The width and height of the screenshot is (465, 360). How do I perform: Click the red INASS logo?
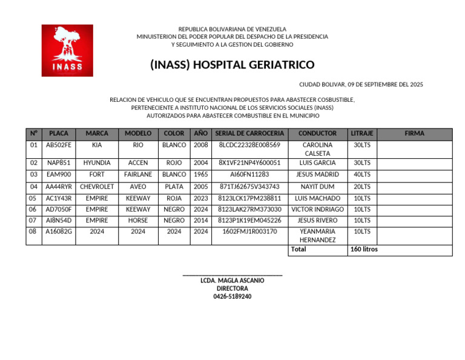pyautogui.click(x=67, y=50)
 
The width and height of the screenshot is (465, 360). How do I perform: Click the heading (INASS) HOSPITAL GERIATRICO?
pyautogui.click(x=232, y=65)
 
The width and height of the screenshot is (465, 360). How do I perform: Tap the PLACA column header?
pyautogui.click(x=59, y=133)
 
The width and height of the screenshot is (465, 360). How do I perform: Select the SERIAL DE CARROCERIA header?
pyautogui.click(x=249, y=133)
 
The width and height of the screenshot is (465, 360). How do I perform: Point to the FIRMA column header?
pyautogui.click(x=414, y=133)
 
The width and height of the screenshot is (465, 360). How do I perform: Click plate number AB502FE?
pyautogui.click(x=59, y=145)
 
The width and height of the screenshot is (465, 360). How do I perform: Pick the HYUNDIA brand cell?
pyautogui.click(x=97, y=163)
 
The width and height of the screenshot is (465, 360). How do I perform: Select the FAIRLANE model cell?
pyautogui.click(x=138, y=175)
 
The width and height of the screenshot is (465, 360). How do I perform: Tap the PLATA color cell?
pyautogui.click(x=174, y=187)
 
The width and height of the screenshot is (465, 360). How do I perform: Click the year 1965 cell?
pyautogui.click(x=201, y=175)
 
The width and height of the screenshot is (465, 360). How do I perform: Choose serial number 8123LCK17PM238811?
pyautogui.click(x=249, y=198)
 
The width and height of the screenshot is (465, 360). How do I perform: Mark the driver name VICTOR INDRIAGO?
pyautogui.click(x=318, y=210)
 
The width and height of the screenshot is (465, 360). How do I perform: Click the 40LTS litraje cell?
pyautogui.click(x=362, y=175)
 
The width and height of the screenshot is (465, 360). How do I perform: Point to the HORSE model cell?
pyautogui.click(x=138, y=221)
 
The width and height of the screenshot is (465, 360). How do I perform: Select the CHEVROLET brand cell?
pyautogui.click(x=97, y=187)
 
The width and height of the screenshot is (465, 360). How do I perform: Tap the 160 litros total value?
pyautogui.click(x=364, y=249)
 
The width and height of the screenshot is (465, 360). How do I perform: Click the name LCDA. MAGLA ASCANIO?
pyautogui.click(x=232, y=281)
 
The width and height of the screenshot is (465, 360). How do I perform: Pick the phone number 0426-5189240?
pyautogui.click(x=232, y=296)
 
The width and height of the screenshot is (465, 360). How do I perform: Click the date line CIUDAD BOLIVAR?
pyautogui.click(x=361, y=85)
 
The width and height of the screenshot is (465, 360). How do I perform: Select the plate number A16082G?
pyautogui.click(x=59, y=232)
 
